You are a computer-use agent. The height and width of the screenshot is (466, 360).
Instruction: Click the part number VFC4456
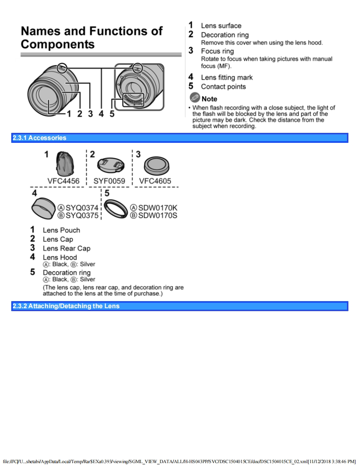pyautogui.click(x=63, y=181)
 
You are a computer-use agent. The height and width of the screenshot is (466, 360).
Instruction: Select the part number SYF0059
pyautogui.click(x=109, y=181)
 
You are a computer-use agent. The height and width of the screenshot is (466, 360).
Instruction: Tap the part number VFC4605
pyautogui.click(x=155, y=181)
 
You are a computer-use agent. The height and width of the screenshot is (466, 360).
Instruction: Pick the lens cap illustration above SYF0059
pyautogui.click(x=110, y=165)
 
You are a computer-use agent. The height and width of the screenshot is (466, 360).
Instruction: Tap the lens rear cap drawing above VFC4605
pyautogui.click(x=156, y=166)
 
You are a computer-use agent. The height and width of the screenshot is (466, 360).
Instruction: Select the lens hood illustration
pyautogui.click(x=44, y=208)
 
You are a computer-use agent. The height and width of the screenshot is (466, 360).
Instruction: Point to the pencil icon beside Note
pyautogui.click(x=194, y=98)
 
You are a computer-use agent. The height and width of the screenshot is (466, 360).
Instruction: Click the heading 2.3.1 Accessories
pyautogui.click(x=39, y=138)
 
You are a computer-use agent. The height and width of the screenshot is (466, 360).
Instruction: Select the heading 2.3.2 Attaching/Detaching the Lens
pyautogui.click(x=66, y=306)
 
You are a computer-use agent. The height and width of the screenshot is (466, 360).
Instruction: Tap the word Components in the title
pyautogui.click(x=58, y=44)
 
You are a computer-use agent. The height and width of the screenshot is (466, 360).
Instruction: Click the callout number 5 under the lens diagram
pyautogui.click(x=112, y=114)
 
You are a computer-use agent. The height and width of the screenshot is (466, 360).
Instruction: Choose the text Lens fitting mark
pyautogui.click(x=227, y=77)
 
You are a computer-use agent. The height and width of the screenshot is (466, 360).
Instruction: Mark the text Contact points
pyautogui.click(x=223, y=87)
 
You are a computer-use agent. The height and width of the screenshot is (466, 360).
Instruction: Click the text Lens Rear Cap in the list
pyautogui.click(x=67, y=248)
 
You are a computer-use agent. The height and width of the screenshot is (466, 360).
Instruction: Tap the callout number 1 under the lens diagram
pyautogui.click(x=69, y=114)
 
